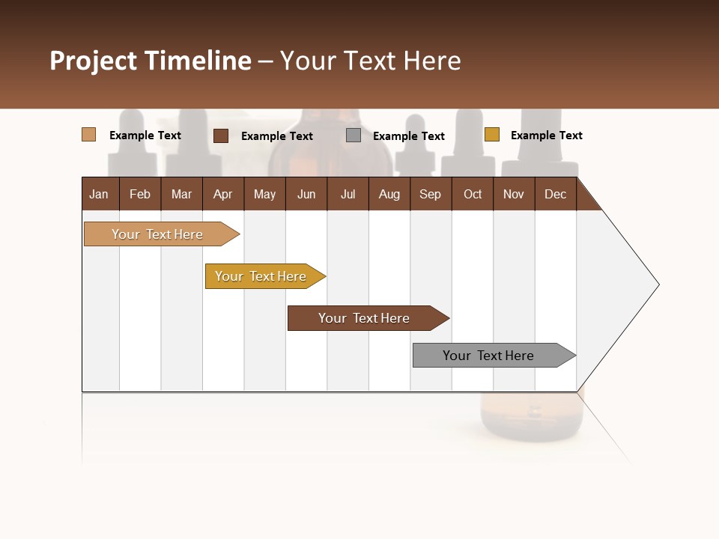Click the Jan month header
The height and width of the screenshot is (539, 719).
tap(99, 194)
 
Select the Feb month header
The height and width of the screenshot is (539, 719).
tap(140, 194)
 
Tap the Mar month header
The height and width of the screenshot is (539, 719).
tap(181, 194)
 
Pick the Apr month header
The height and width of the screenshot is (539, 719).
tap(222, 194)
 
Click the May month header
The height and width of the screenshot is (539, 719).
tap(264, 194)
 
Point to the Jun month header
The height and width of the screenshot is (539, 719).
tap(306, 194)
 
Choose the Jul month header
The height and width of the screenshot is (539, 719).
tap(348, 194)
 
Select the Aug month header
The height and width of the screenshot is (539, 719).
tap(389, 194)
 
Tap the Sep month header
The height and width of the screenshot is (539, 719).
tap(430, 194)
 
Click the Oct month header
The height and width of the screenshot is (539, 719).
tap(473, 194)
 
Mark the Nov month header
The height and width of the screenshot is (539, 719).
tap(514, 194)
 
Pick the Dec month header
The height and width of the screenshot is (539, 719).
tap(555, 194)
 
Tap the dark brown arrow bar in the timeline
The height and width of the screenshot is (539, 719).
tap(365, 318)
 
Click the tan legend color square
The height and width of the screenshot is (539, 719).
tap(88, 135)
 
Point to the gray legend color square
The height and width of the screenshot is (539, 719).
tap(354, 135)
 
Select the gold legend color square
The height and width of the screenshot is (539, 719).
tap(491, 135)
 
